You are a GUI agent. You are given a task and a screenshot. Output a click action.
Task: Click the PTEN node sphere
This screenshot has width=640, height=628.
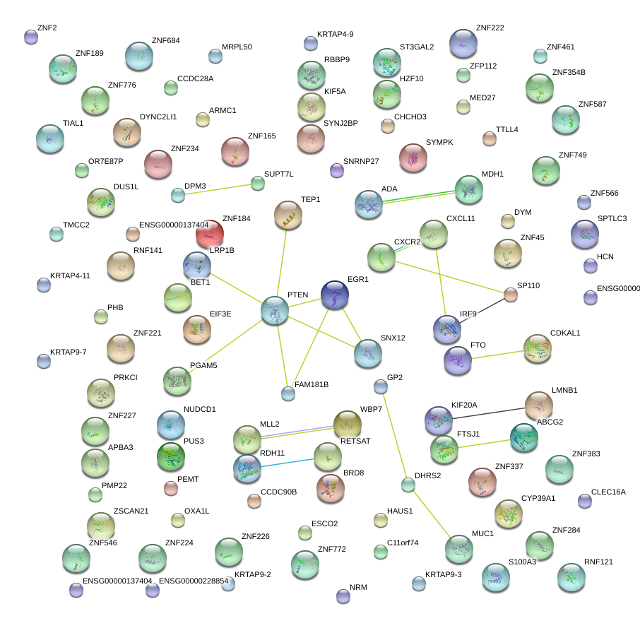tap(274, 310)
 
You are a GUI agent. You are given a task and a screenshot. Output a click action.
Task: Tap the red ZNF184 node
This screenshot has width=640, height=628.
tap(210, 234)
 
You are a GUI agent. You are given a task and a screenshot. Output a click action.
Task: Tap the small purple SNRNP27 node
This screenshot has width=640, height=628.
tap(337, 170)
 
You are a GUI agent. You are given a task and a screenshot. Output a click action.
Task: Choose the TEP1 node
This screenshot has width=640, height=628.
tap(288, 215)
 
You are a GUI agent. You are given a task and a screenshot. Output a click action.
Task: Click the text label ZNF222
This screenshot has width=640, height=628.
tap(490, 28)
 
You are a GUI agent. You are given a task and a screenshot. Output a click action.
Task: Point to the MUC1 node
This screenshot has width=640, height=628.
tap(459, 549)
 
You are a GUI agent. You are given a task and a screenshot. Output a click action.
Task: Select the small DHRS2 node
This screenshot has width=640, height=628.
tap(408, 485)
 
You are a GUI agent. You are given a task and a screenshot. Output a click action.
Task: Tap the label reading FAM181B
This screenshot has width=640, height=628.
tap(312, 384)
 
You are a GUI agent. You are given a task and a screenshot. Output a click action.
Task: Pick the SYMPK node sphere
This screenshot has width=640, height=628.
tap(413, 158)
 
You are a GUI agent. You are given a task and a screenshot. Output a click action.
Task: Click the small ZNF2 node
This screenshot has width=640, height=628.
tap(30, 37)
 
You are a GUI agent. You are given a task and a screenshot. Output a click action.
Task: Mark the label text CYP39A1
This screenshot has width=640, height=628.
tap(538, 498)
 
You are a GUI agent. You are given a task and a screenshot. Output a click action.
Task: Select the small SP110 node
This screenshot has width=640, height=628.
tap(511, 295)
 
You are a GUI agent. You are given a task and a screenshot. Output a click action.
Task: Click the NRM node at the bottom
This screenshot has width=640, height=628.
tap(343, 596)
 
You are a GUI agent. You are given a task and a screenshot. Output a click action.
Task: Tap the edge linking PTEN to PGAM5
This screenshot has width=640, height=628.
tap(226, 343)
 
